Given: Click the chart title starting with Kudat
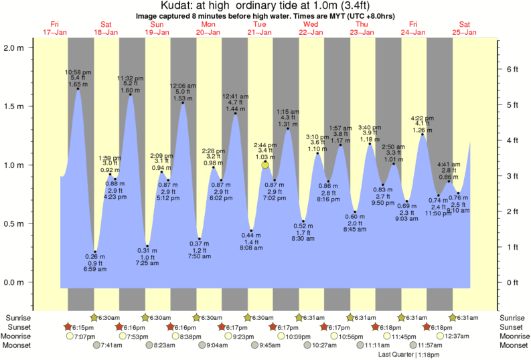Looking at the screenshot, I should coord(266,6).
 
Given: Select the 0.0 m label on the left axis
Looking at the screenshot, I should coord(15,282).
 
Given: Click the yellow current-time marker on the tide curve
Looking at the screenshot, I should coord(265,165).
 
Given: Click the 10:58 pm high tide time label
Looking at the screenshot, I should coord(78,72).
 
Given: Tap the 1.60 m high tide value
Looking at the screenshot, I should coord(129,90).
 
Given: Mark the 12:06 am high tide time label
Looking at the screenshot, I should coord(182,86).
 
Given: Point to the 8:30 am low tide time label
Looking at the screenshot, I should coord(303,238).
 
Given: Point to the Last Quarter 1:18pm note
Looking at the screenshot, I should coord(406,354).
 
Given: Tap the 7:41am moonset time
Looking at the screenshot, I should coord(110,345).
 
